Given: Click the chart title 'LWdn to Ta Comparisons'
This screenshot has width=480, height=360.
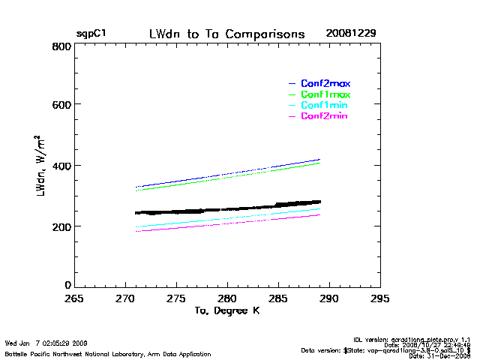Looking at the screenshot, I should coord(226,34).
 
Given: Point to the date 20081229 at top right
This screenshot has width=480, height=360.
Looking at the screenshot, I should coord(351,34).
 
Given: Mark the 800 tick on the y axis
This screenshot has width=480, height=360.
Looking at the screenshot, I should coord(61,46).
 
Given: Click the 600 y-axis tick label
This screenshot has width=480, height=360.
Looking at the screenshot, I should coord(61,105).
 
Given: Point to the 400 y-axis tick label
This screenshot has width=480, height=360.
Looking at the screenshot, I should coord(61,166).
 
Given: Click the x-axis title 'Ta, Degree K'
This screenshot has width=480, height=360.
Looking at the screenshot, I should coord(226,310).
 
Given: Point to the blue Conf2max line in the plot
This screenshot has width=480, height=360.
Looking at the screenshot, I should coord(225,175).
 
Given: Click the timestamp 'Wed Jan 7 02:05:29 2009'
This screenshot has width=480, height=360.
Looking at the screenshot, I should coord(46,343).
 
